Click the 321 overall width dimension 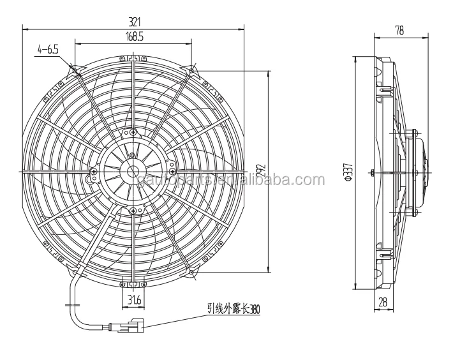tap(135, 21)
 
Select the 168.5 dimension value tap(134, 38)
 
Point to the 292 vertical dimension tap(260, 171)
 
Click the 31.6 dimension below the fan tap(134, 301)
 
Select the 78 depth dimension tap(400, 30)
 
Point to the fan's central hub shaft tap(133, 170)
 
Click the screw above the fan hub tap(133, 132)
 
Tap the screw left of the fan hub tap(94, 171)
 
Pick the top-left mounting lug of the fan tap(76, 70)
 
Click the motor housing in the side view tap(419, 171)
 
